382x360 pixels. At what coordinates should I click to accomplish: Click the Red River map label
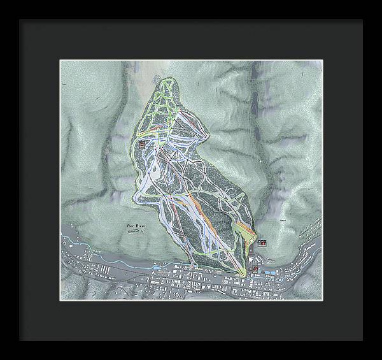click(137, 226)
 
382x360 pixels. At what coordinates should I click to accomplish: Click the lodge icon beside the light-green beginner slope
click(262, 243)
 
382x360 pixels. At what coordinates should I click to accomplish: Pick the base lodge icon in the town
click(255, 268)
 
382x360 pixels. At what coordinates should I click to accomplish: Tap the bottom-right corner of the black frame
click(363, 341)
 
